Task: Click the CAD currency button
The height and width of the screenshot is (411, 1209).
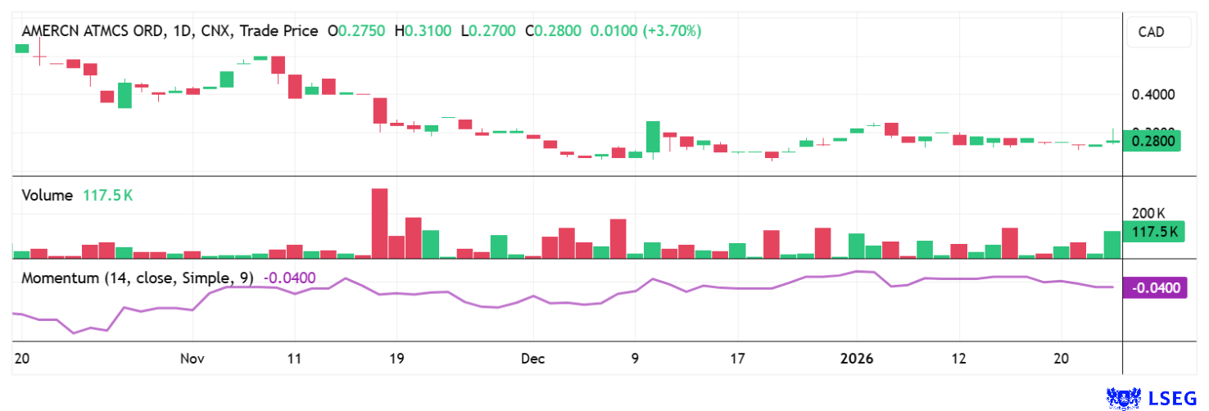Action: pyautogui.click(x=1151, y=34)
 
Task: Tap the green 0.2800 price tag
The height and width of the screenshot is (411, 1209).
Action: pyautogui.click(x=1152, y=141)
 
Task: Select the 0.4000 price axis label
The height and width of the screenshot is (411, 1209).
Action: pyautogui.click(x=1152, y=95)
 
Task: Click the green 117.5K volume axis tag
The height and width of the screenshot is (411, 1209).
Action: pyautogui.click(x=1152, y=232)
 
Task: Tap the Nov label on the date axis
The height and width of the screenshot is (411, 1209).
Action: pyautogui.click(x=192, y=359)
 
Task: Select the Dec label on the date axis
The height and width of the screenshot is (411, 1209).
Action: pyautogui.click(x=532, y=359)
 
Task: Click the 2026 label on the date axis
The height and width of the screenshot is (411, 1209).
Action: pyautogui.click(x=856, y=359)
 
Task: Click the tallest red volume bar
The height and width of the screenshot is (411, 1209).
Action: pyautogui.click(x=379, y=224)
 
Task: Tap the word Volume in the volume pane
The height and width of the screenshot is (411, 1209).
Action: pyautogui.click(x=48, y=196)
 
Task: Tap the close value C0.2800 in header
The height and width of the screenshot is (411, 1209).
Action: pyautogui.click(x=553, y=31)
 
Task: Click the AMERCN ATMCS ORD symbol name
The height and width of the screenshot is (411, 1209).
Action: pyautogui.click(x=93, y=31)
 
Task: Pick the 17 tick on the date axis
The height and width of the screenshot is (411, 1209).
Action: pyautogui.click(x=737, y=359)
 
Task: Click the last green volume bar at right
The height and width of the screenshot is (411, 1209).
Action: pyautogui.click(x=1112, y=245)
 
